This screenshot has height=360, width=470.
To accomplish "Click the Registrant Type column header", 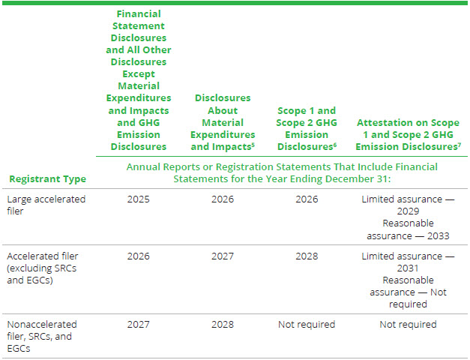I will [x=47, y=178].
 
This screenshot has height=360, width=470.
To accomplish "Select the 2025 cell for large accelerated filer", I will [x=139, y=199].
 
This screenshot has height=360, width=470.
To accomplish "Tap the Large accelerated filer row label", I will [x=46, y=205].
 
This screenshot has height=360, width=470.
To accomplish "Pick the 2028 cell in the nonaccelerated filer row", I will [x=223, y=325].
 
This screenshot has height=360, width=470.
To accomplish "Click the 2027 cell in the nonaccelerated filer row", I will [x=139, y=325].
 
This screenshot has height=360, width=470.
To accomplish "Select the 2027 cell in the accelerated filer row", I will [x=223, y=256].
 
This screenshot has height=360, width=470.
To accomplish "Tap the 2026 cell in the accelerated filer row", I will [x=139, y=256].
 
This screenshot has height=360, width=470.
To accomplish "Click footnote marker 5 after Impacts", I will [x=254, y=144].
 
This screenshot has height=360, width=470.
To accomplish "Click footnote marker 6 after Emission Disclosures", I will [x=333, y=144].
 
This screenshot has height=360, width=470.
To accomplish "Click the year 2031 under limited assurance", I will [x=408, y=268].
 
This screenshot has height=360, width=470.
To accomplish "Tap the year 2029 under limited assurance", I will [x=408, y=211].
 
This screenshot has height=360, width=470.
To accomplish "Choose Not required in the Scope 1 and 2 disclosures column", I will [x=306, y=325].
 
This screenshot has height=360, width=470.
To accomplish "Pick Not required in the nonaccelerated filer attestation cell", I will [x=408, y=325].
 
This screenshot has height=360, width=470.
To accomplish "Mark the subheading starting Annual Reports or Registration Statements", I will [x=282, y=172].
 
